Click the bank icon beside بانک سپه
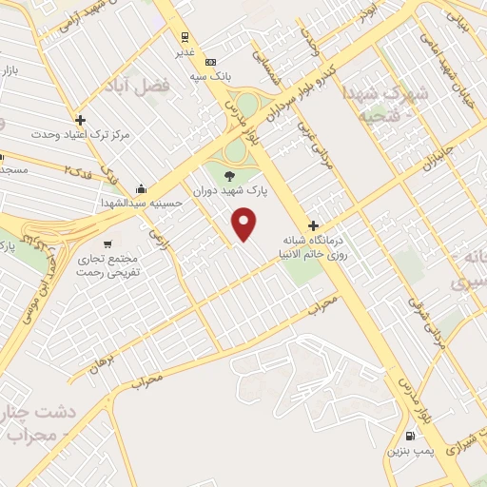211,59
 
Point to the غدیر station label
185,53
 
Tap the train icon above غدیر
185,38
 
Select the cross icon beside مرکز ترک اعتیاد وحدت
80,121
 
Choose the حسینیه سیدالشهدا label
141,203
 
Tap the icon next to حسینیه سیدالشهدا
141,188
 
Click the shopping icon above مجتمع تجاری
118,242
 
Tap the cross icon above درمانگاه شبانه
314,225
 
